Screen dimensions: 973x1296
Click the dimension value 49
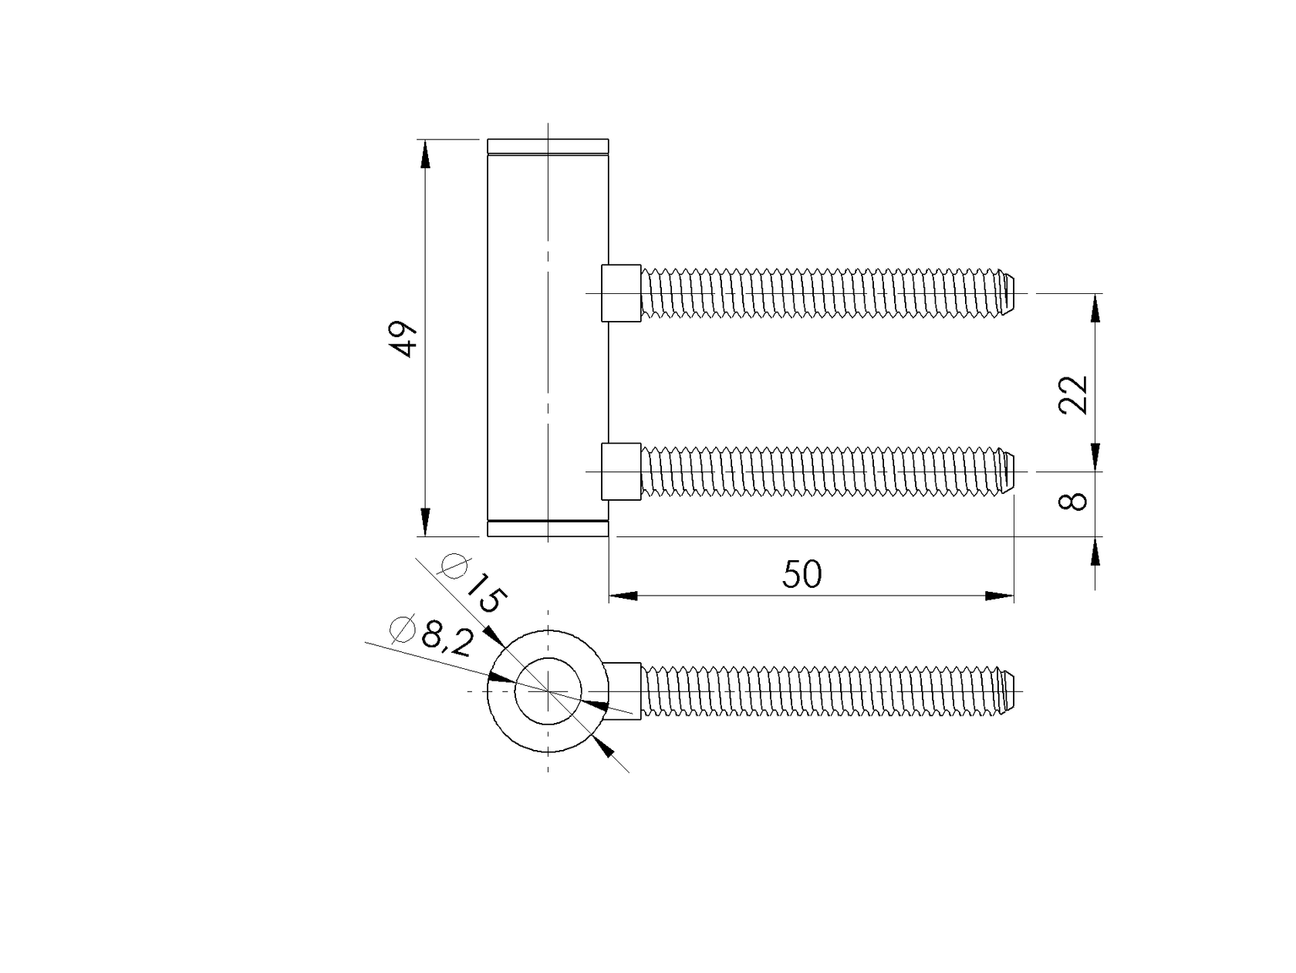pos(404,338)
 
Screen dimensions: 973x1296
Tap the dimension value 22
pos(1073,395)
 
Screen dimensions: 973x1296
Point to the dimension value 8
pos(1073,502)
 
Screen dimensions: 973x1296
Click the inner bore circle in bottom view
pos(548,691)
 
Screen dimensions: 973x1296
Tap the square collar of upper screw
pos(621,292)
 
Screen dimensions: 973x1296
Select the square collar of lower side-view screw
pos(621,471)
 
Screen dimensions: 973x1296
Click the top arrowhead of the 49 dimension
pos(424,154)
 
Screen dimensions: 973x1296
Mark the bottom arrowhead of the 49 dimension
pos(424,521)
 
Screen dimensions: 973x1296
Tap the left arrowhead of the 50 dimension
pos(623,596)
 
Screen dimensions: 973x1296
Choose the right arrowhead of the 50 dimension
pos(999,596)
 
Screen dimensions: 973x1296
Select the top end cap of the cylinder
pos(548,146)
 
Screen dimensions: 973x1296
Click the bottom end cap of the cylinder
pos(548,529)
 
